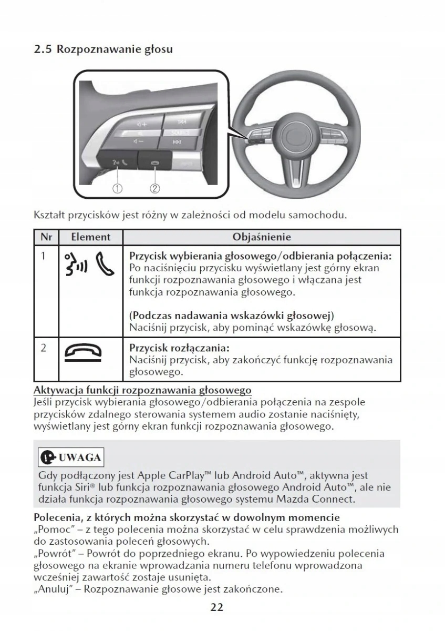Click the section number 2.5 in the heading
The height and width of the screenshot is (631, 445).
point(43,50)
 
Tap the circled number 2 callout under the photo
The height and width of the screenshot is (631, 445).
point(155,188)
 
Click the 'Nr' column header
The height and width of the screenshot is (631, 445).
point(46,237)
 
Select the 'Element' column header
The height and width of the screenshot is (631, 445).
point(91,237)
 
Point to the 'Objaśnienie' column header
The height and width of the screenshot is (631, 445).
point(262,237)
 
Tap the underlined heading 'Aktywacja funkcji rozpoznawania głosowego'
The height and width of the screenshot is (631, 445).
point(142,390)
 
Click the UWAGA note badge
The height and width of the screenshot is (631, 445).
point(70,457)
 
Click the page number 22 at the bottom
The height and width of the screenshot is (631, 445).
point(217,608)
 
